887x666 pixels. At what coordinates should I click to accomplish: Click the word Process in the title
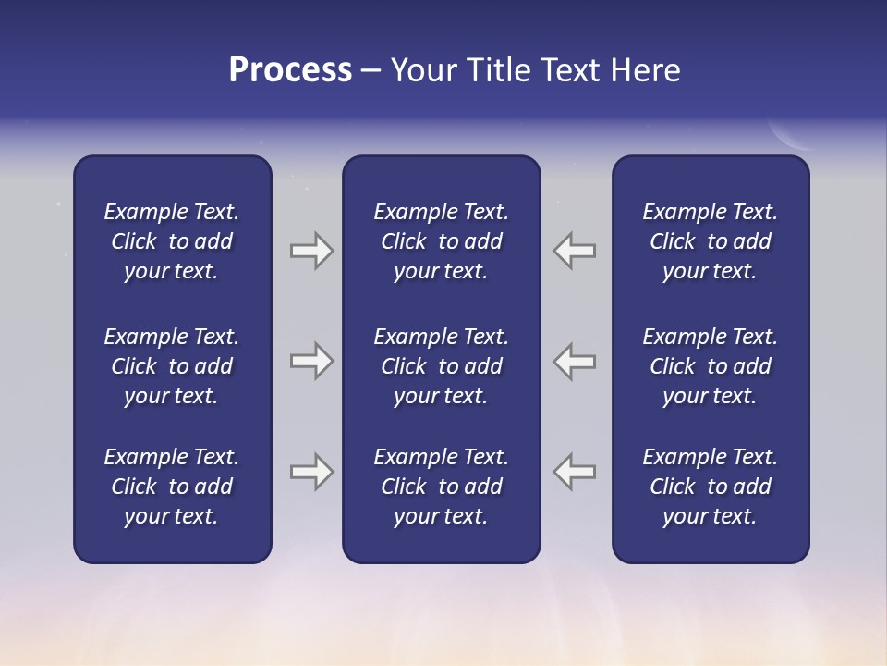[290, 70]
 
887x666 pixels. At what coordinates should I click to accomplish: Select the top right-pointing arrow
[312, 251]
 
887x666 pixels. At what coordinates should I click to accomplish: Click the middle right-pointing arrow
[312, 361]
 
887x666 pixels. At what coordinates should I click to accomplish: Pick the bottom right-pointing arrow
[312, 472]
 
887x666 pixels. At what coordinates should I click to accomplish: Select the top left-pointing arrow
[575, 251]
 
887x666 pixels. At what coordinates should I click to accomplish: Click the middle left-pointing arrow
[575, 361]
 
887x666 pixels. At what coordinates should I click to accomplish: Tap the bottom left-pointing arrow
[575, 472]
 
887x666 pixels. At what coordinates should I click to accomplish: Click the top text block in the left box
[172, 241]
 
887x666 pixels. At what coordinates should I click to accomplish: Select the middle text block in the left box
[172, 366]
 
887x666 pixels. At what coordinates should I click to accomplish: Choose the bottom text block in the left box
[172, 487]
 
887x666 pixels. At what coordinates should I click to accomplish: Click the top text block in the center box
[442, 241]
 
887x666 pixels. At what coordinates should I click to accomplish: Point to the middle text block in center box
[442, 366]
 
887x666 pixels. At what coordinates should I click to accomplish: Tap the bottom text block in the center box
[442, 487]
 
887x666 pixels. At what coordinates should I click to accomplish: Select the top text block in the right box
[711, 241]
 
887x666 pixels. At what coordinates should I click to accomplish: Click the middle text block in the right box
[711, 366]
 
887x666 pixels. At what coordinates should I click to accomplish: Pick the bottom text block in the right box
[711, 487]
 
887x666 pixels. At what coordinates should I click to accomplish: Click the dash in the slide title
[371, 72]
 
